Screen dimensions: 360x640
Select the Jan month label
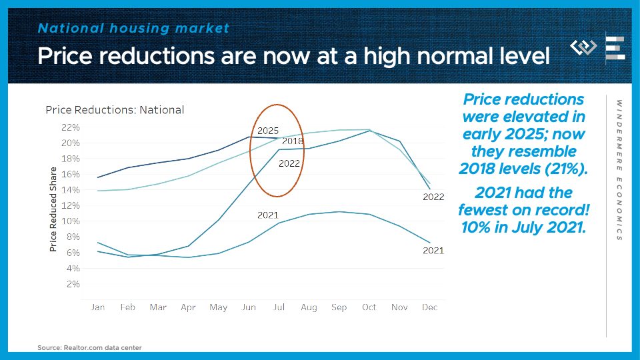(x=97, y=307)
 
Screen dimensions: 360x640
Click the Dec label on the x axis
(x=431, y=307)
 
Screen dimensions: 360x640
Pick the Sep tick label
(x=339, y=307)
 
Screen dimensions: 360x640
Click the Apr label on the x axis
(x=188, y=307)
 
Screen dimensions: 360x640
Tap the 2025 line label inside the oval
(x=268, y=130)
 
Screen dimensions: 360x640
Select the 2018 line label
(x=293, y=141)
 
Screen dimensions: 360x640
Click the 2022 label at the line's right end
(x=433, y=197)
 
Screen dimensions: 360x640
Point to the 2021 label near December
(x=433, y=251)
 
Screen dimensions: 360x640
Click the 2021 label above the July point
(x=268, y=215)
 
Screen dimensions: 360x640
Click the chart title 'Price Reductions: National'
(x=114, y=110)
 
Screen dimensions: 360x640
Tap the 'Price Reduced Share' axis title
(x=53, y=209)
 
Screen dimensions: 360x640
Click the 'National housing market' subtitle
(x=133, y=28)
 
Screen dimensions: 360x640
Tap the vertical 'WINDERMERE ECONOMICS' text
(x=619, y=170)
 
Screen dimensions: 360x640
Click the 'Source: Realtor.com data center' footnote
(x=89, y=347)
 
